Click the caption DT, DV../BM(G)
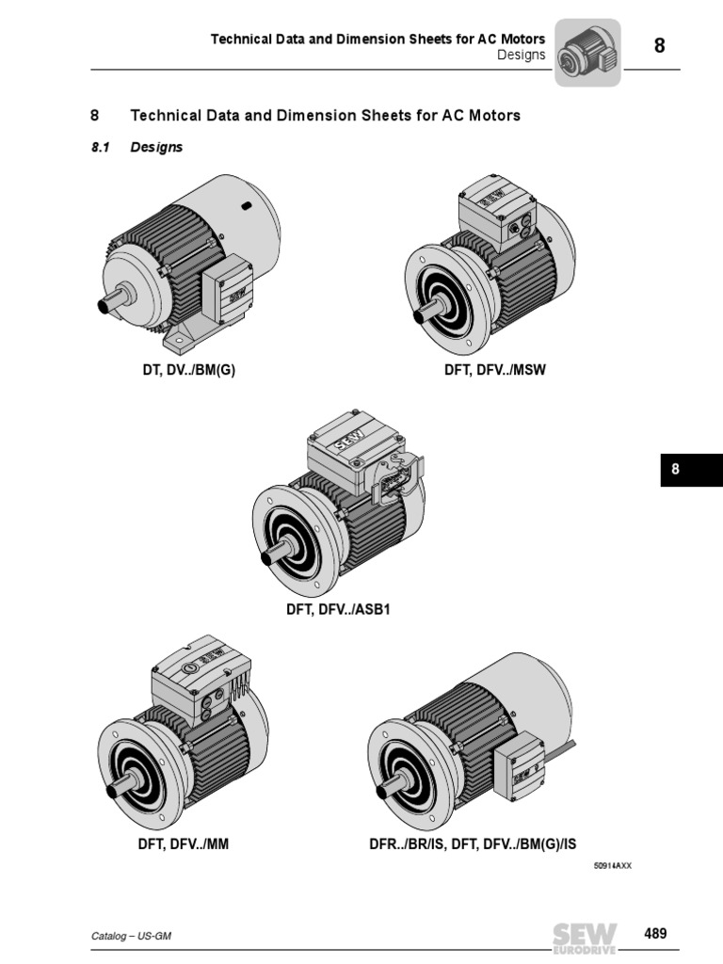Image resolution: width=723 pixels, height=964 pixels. click(188, 370)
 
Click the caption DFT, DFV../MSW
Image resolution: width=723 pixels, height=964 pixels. click(494, 370)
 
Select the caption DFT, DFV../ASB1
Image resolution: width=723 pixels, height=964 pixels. click(338, 609)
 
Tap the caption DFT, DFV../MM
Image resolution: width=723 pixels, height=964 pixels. click(184, 844)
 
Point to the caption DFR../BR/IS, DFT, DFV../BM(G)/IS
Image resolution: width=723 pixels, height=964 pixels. click(472, 844)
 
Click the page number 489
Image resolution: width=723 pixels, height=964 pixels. click(655, 934)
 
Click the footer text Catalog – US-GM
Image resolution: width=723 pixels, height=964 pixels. click(131, 936)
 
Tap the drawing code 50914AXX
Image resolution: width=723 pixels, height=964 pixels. click(612, 865)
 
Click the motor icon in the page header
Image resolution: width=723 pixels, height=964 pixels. click(587, 53)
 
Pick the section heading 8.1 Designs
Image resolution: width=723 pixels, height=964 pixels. click(137, 148)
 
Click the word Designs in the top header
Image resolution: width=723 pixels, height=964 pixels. click(521, 55)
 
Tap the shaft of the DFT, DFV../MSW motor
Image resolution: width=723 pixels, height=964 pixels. click(428, 310)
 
